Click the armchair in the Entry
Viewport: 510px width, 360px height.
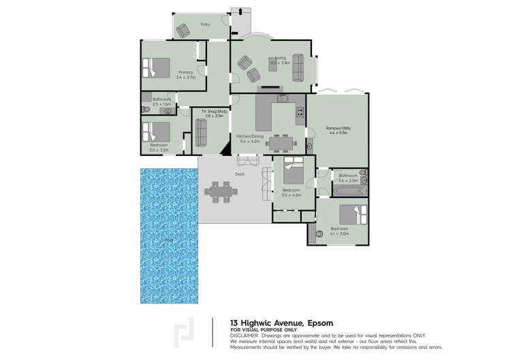tap(182, 30)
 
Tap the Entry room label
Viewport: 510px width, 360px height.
tap(205, 24)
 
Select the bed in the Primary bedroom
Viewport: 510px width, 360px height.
tap(156, 67)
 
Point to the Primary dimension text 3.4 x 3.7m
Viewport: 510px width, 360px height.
tap(185, 78)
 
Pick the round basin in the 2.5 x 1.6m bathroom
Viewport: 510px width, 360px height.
tap(168, 110)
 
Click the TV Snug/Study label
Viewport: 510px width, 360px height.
tap(208, 112)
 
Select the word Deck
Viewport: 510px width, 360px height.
tap(240, 174)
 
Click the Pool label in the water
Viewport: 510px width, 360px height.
tap(168, 240)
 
